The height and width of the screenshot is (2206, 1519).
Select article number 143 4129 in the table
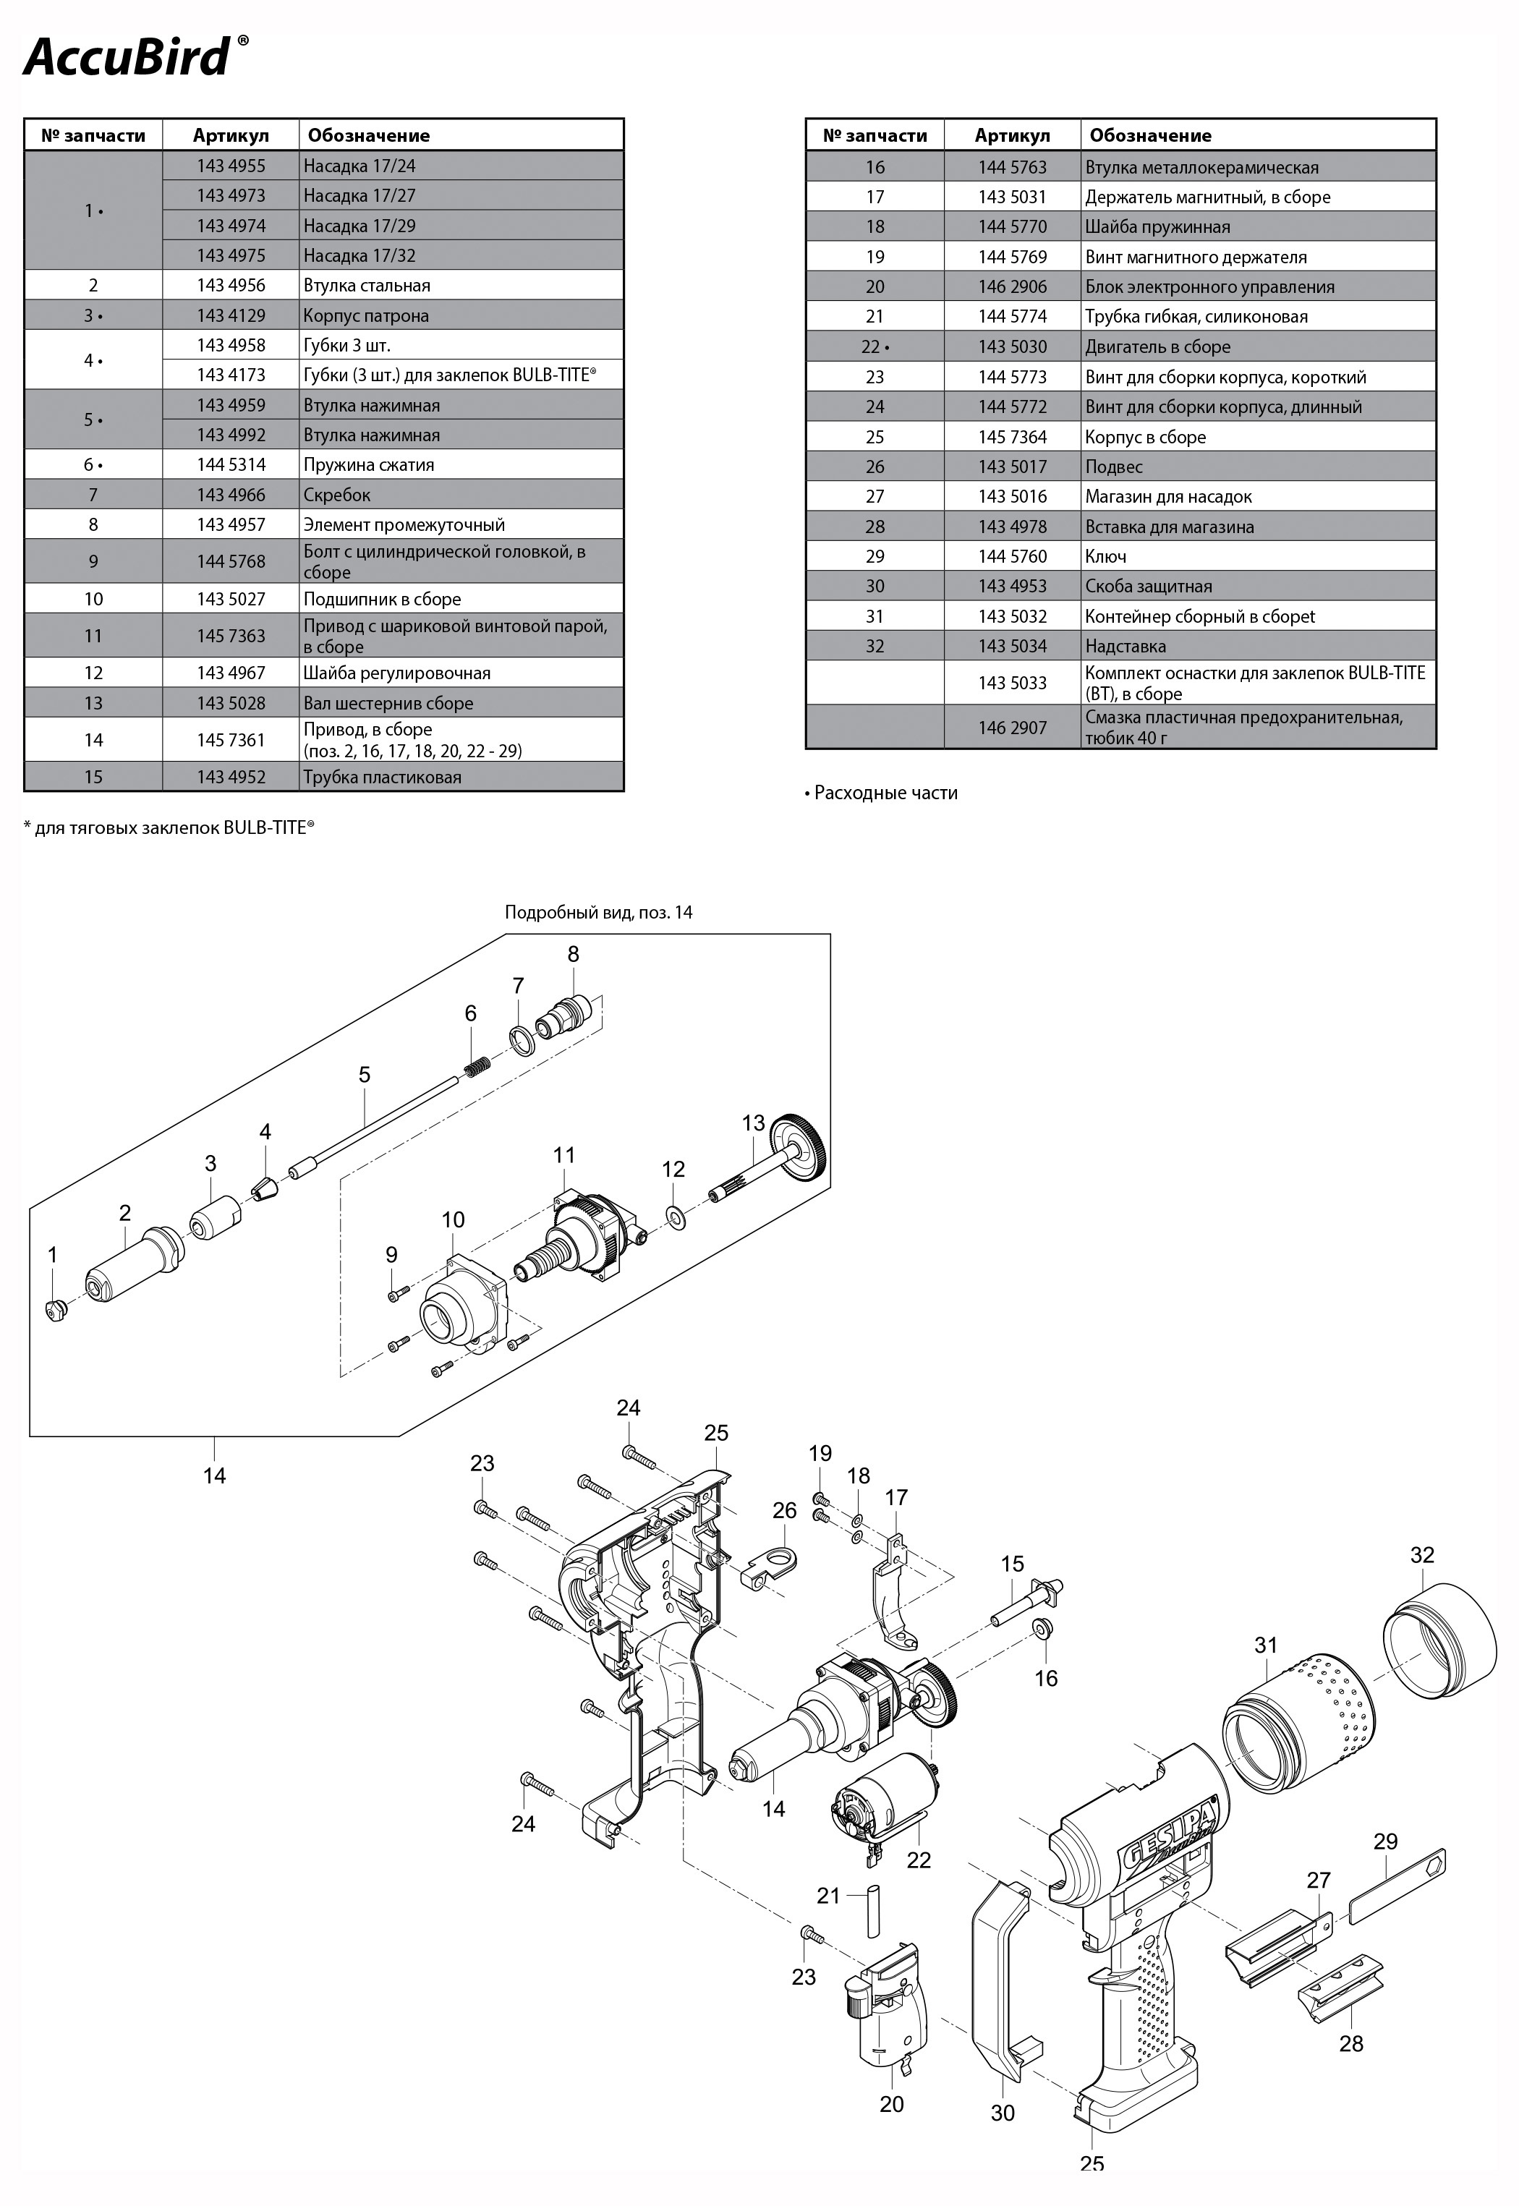[231, 315]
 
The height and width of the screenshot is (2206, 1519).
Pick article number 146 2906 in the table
[1013, 286]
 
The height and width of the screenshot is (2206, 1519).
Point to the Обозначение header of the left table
[368, 135]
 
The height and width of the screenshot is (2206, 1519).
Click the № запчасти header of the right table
[875, 135]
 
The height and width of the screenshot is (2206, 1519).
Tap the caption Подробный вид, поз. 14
[599, 912]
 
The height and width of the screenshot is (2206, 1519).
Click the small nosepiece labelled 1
[54, 1311]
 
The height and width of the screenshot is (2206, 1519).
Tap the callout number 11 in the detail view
[564, 1154]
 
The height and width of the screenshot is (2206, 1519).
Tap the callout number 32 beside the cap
[1422, 1554]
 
